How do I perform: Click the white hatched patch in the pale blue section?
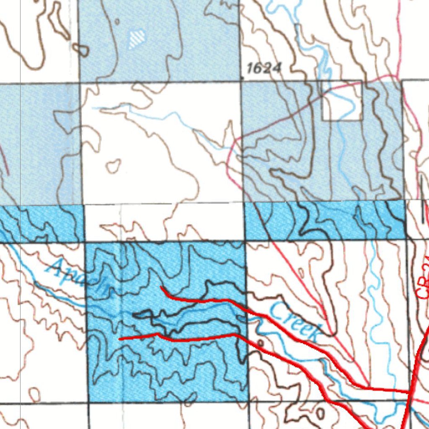click(137, 39)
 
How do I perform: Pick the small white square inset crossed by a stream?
click(342, 101)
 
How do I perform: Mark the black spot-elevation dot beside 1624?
click(243, 77)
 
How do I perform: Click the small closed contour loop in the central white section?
click(113, 166)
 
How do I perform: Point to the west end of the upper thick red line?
click(162, 287)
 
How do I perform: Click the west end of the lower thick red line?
click(120, 338)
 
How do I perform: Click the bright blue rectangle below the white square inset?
click(325, 220)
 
